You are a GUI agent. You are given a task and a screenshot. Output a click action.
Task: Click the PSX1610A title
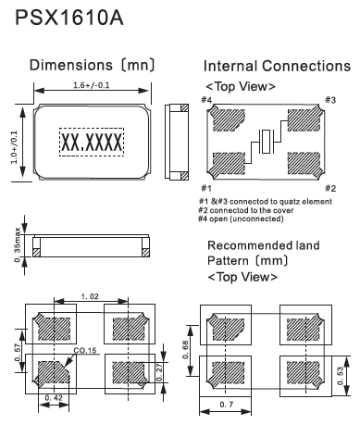click(69, 18)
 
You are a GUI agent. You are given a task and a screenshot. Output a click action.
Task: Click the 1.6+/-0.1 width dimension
click(92, 85)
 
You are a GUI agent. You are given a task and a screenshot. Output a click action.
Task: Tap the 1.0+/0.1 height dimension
click(14, 147)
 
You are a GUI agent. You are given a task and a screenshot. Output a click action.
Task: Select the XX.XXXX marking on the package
click(92, 143)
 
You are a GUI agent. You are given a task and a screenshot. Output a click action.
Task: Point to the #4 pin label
click(206, 100)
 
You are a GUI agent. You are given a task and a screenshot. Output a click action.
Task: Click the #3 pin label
click(330, 100)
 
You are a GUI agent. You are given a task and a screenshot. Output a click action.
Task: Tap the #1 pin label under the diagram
click(206, 188)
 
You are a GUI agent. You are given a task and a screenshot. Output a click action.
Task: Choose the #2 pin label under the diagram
click(330, 188)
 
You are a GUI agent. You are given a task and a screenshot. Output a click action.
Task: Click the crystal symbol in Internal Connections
click(266, 142)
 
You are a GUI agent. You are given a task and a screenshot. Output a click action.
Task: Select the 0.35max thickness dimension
click(18, 245)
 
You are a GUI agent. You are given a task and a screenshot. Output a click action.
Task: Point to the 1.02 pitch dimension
click(90, 297)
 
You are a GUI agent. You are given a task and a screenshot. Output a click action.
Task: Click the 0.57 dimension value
click(18, 353)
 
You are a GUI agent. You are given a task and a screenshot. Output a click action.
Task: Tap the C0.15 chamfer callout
click(85, 351)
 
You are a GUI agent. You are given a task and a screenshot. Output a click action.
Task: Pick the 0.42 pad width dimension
click(54, 398)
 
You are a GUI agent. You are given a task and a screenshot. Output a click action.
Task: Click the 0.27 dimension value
click(159, 372)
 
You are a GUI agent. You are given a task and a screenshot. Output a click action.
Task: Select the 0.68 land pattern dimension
click(185, 350)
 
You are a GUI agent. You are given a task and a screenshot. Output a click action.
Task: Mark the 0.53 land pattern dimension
click(340, 376)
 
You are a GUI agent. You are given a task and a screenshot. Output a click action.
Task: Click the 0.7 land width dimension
click(227, 405)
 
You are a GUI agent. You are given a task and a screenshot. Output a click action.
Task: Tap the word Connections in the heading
click(306, 66)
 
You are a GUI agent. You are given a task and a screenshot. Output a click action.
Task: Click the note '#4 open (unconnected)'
click(241, 218)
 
